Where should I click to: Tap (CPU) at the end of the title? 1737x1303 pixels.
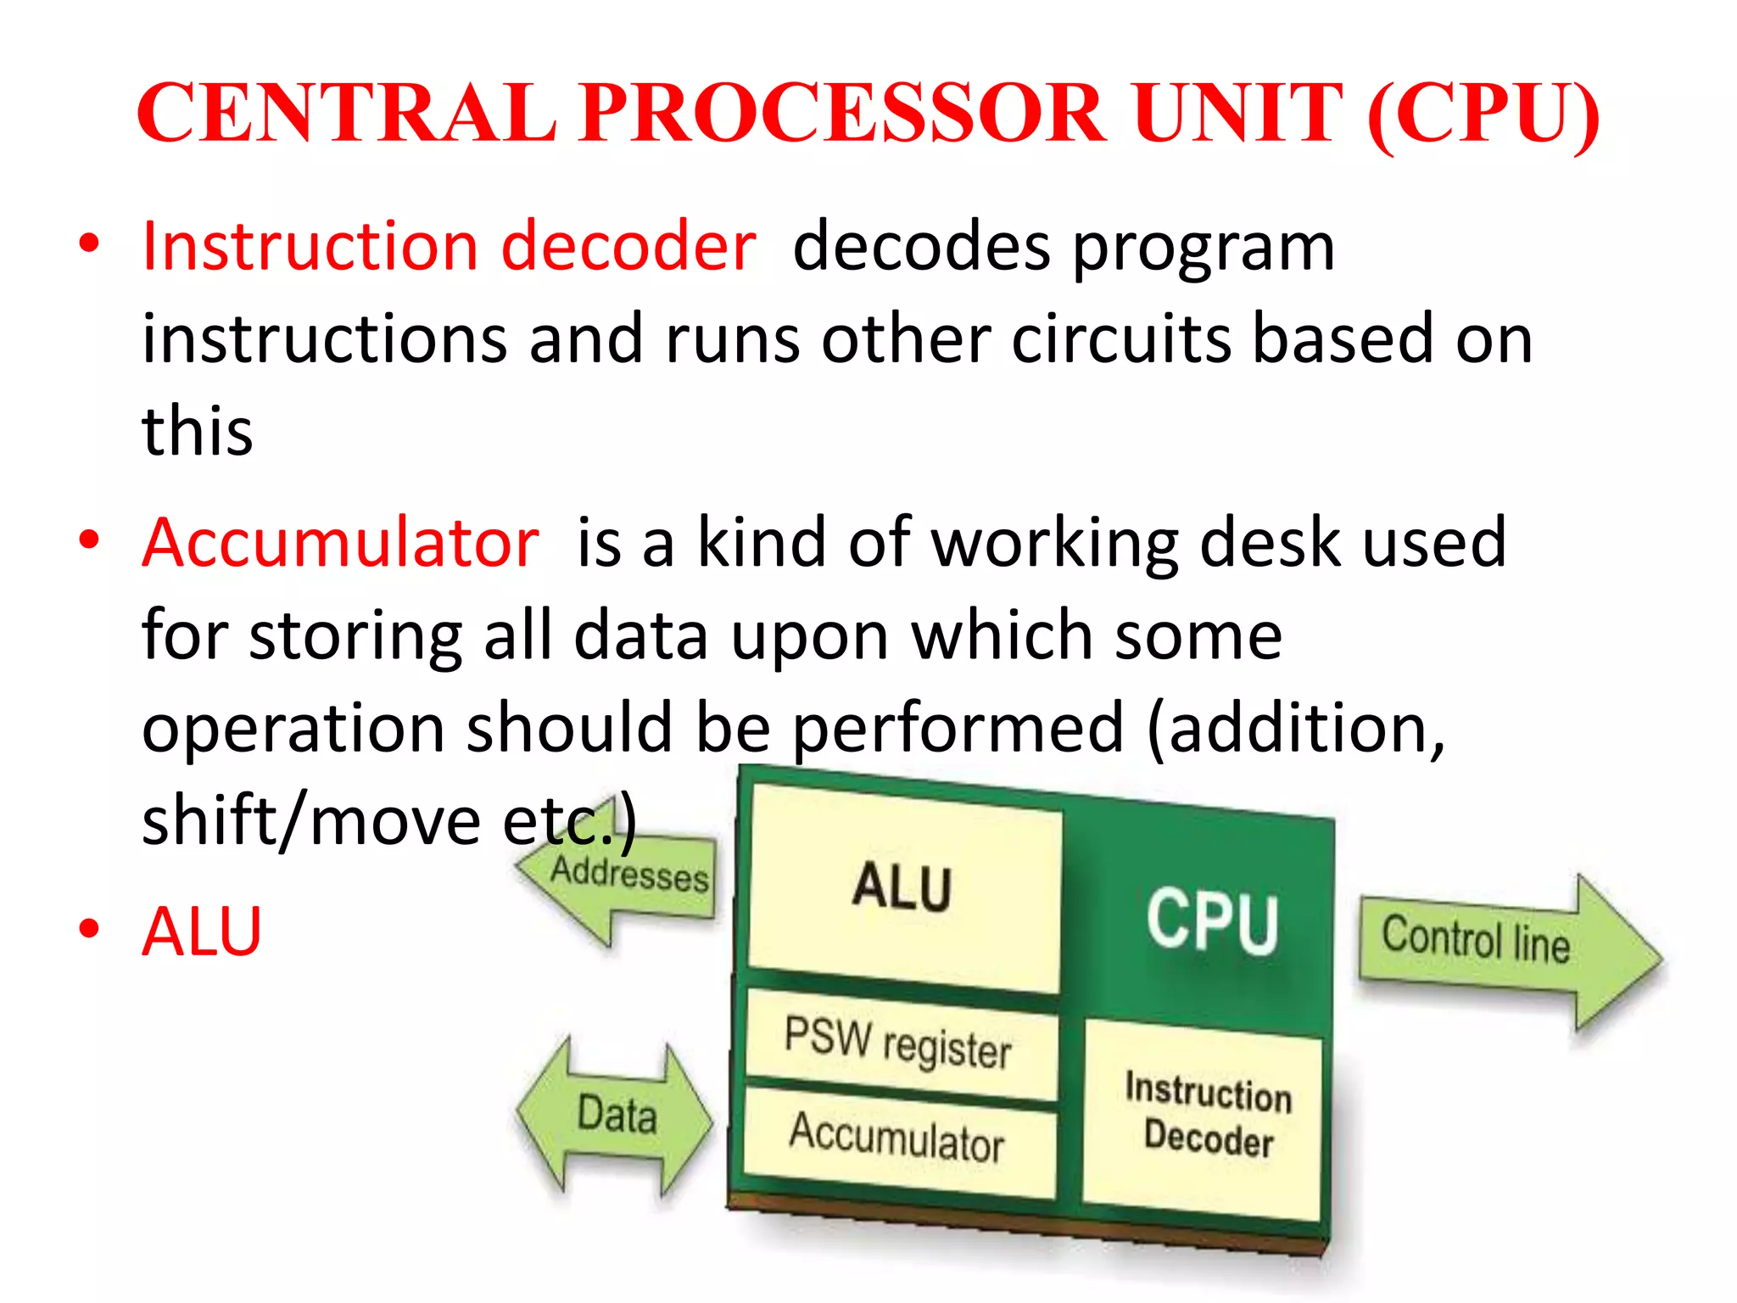[x=1483, y=115]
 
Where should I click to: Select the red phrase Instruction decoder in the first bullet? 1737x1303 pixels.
[x=449, y=247]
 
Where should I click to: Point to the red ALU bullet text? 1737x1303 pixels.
[x=202, y=931]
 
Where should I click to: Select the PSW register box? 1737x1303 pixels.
[x=899, y=1044]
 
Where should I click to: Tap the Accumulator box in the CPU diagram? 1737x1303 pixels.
[x=897, y=1138]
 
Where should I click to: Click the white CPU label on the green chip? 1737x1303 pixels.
[x=1212, y=921]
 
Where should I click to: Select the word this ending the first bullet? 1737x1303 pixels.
[x=197, y=431]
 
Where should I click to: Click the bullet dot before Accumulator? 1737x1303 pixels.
[x=89, y=540]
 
